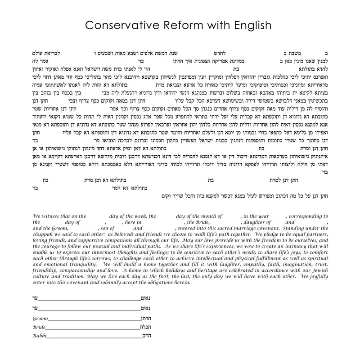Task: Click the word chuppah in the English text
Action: click(x=42, y=235)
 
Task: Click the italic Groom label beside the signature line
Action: click(x=40, y=319)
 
